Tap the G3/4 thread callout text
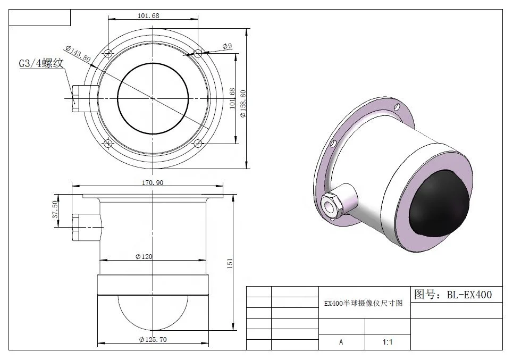pyautogui.click(x=41, y=63)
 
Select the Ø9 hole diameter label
pyautogui.click(x=227, y=46)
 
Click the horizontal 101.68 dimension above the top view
pyautogui.click(x=148, y=15)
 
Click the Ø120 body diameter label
pyautogui.click(x=144, y=256)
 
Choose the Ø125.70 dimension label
pyautogui.click(x=153, y=339)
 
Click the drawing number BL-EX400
pyautogui.click(x=452, y=294)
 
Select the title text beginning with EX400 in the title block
pyautogui.click(x=364, y=303)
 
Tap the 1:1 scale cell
pyautogui.click(x=388, y=342)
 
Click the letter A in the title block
pyautogui.click(x=341, y=342)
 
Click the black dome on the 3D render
pyautogui.click(x=437, y=205)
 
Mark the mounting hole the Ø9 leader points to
pyautogui.click(x=198, y=53)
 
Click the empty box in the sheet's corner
pyautogui.click(x=40, y=18)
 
